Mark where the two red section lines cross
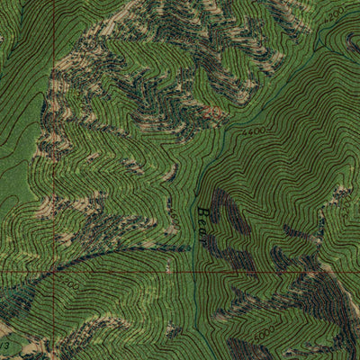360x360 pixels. (53, 270)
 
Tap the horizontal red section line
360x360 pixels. (180, 270)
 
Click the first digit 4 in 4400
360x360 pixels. (247, 134)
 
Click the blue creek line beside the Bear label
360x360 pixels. (194, 225)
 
